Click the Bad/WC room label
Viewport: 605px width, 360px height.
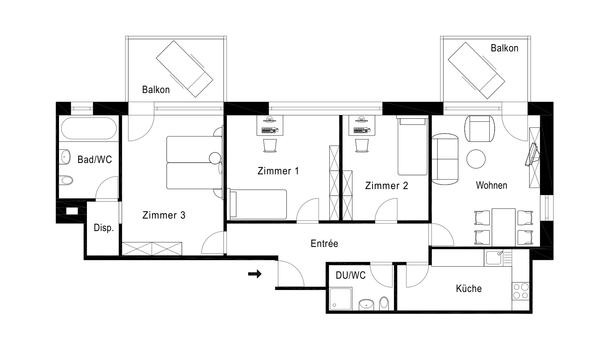(x=95, y=160)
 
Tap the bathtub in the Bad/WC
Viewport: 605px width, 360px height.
(x=89, y=128)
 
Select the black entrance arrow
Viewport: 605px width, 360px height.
(x=255, y=274)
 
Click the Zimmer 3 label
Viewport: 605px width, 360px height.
(x=164, y=215)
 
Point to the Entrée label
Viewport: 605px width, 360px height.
(x=324, y=244)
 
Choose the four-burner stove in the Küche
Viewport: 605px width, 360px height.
(x=521, y=291)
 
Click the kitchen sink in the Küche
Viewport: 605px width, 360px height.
(x=494, y=258)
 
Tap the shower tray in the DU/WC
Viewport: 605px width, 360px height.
(x=341, y=299)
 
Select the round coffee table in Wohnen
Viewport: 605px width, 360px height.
(x=476, y=159)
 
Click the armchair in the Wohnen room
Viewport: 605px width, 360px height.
(x=480, y=129)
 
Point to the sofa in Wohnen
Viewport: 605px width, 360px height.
(x=445, y=159)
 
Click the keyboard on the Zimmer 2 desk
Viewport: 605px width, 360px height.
(x=361, y=131)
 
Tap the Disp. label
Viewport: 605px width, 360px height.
(x=104, y=228)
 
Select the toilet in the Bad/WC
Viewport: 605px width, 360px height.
(x=66, y=180)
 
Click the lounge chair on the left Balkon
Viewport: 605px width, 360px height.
(x=185, y=69)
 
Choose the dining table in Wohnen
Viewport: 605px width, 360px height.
(x=503, y=227)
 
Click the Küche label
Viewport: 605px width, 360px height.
(x=469, y=289)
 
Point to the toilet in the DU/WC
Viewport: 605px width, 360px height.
(x=384, y=303)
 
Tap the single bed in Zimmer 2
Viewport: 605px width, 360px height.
(x=413, y=145)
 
